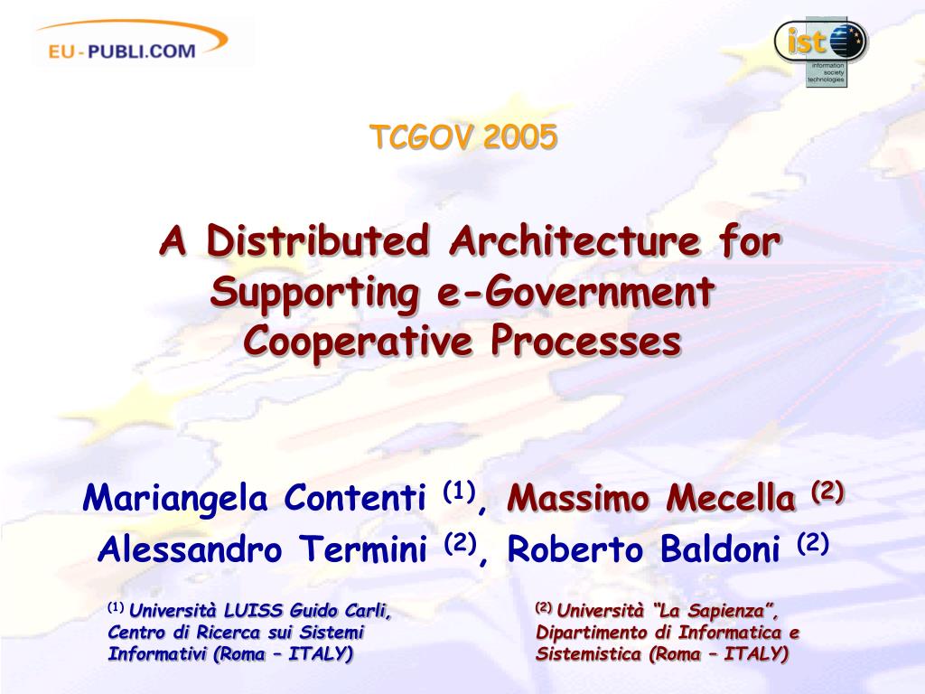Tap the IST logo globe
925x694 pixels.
point(846,42)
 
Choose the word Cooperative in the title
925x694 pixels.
point(358,342)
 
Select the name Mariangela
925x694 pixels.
point(175,499)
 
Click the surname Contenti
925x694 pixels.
point(354,498)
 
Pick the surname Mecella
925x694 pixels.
point(731,498)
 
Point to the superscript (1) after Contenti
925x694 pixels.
point(459,490)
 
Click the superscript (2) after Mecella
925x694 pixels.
point(827,490)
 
